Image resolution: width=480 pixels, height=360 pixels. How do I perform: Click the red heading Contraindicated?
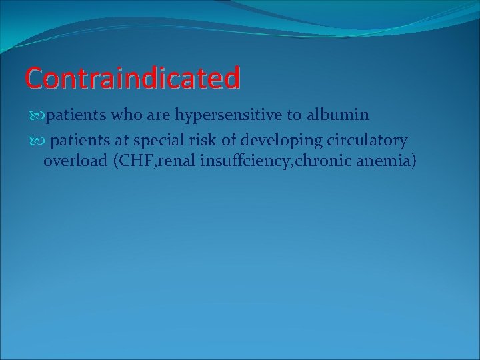132,78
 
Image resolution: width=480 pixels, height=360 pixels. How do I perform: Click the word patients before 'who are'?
76,115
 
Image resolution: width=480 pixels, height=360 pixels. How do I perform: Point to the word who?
125,115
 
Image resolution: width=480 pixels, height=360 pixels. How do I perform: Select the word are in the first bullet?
158,115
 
